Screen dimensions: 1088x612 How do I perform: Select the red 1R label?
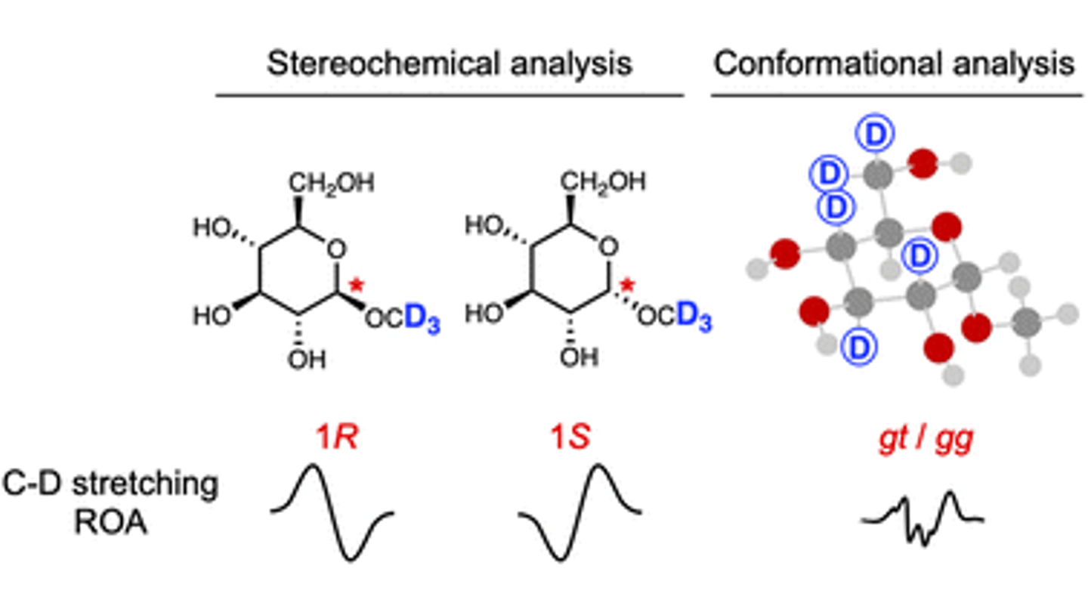click(x=337, y=437)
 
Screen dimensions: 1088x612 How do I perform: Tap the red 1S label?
click(x=570, y=437)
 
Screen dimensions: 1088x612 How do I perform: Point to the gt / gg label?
click(x=926, y=440)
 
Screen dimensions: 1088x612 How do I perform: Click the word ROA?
click(x=111, y=523)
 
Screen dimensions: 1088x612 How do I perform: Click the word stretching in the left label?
click(x=145, y=486)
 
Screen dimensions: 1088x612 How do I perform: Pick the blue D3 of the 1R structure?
click(x=422, y=319)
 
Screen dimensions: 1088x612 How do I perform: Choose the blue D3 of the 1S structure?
click(x=694, y=317)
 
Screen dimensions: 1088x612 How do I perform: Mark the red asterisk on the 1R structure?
click(x=357, y=285)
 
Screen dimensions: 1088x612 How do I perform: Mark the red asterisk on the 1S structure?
click(x=628, y=285)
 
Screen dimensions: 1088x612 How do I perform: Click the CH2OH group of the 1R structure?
click(x=332, y=184)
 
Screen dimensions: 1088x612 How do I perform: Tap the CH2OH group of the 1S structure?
click(x=603, y=182)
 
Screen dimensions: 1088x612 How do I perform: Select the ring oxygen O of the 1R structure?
click(x=336, y=249)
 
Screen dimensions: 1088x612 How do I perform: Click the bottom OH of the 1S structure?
click(x=579, y=358)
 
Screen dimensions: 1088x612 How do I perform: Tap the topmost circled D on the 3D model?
click(x=875, y=134)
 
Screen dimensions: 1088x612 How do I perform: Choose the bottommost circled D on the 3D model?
click(x=859, y=347)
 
